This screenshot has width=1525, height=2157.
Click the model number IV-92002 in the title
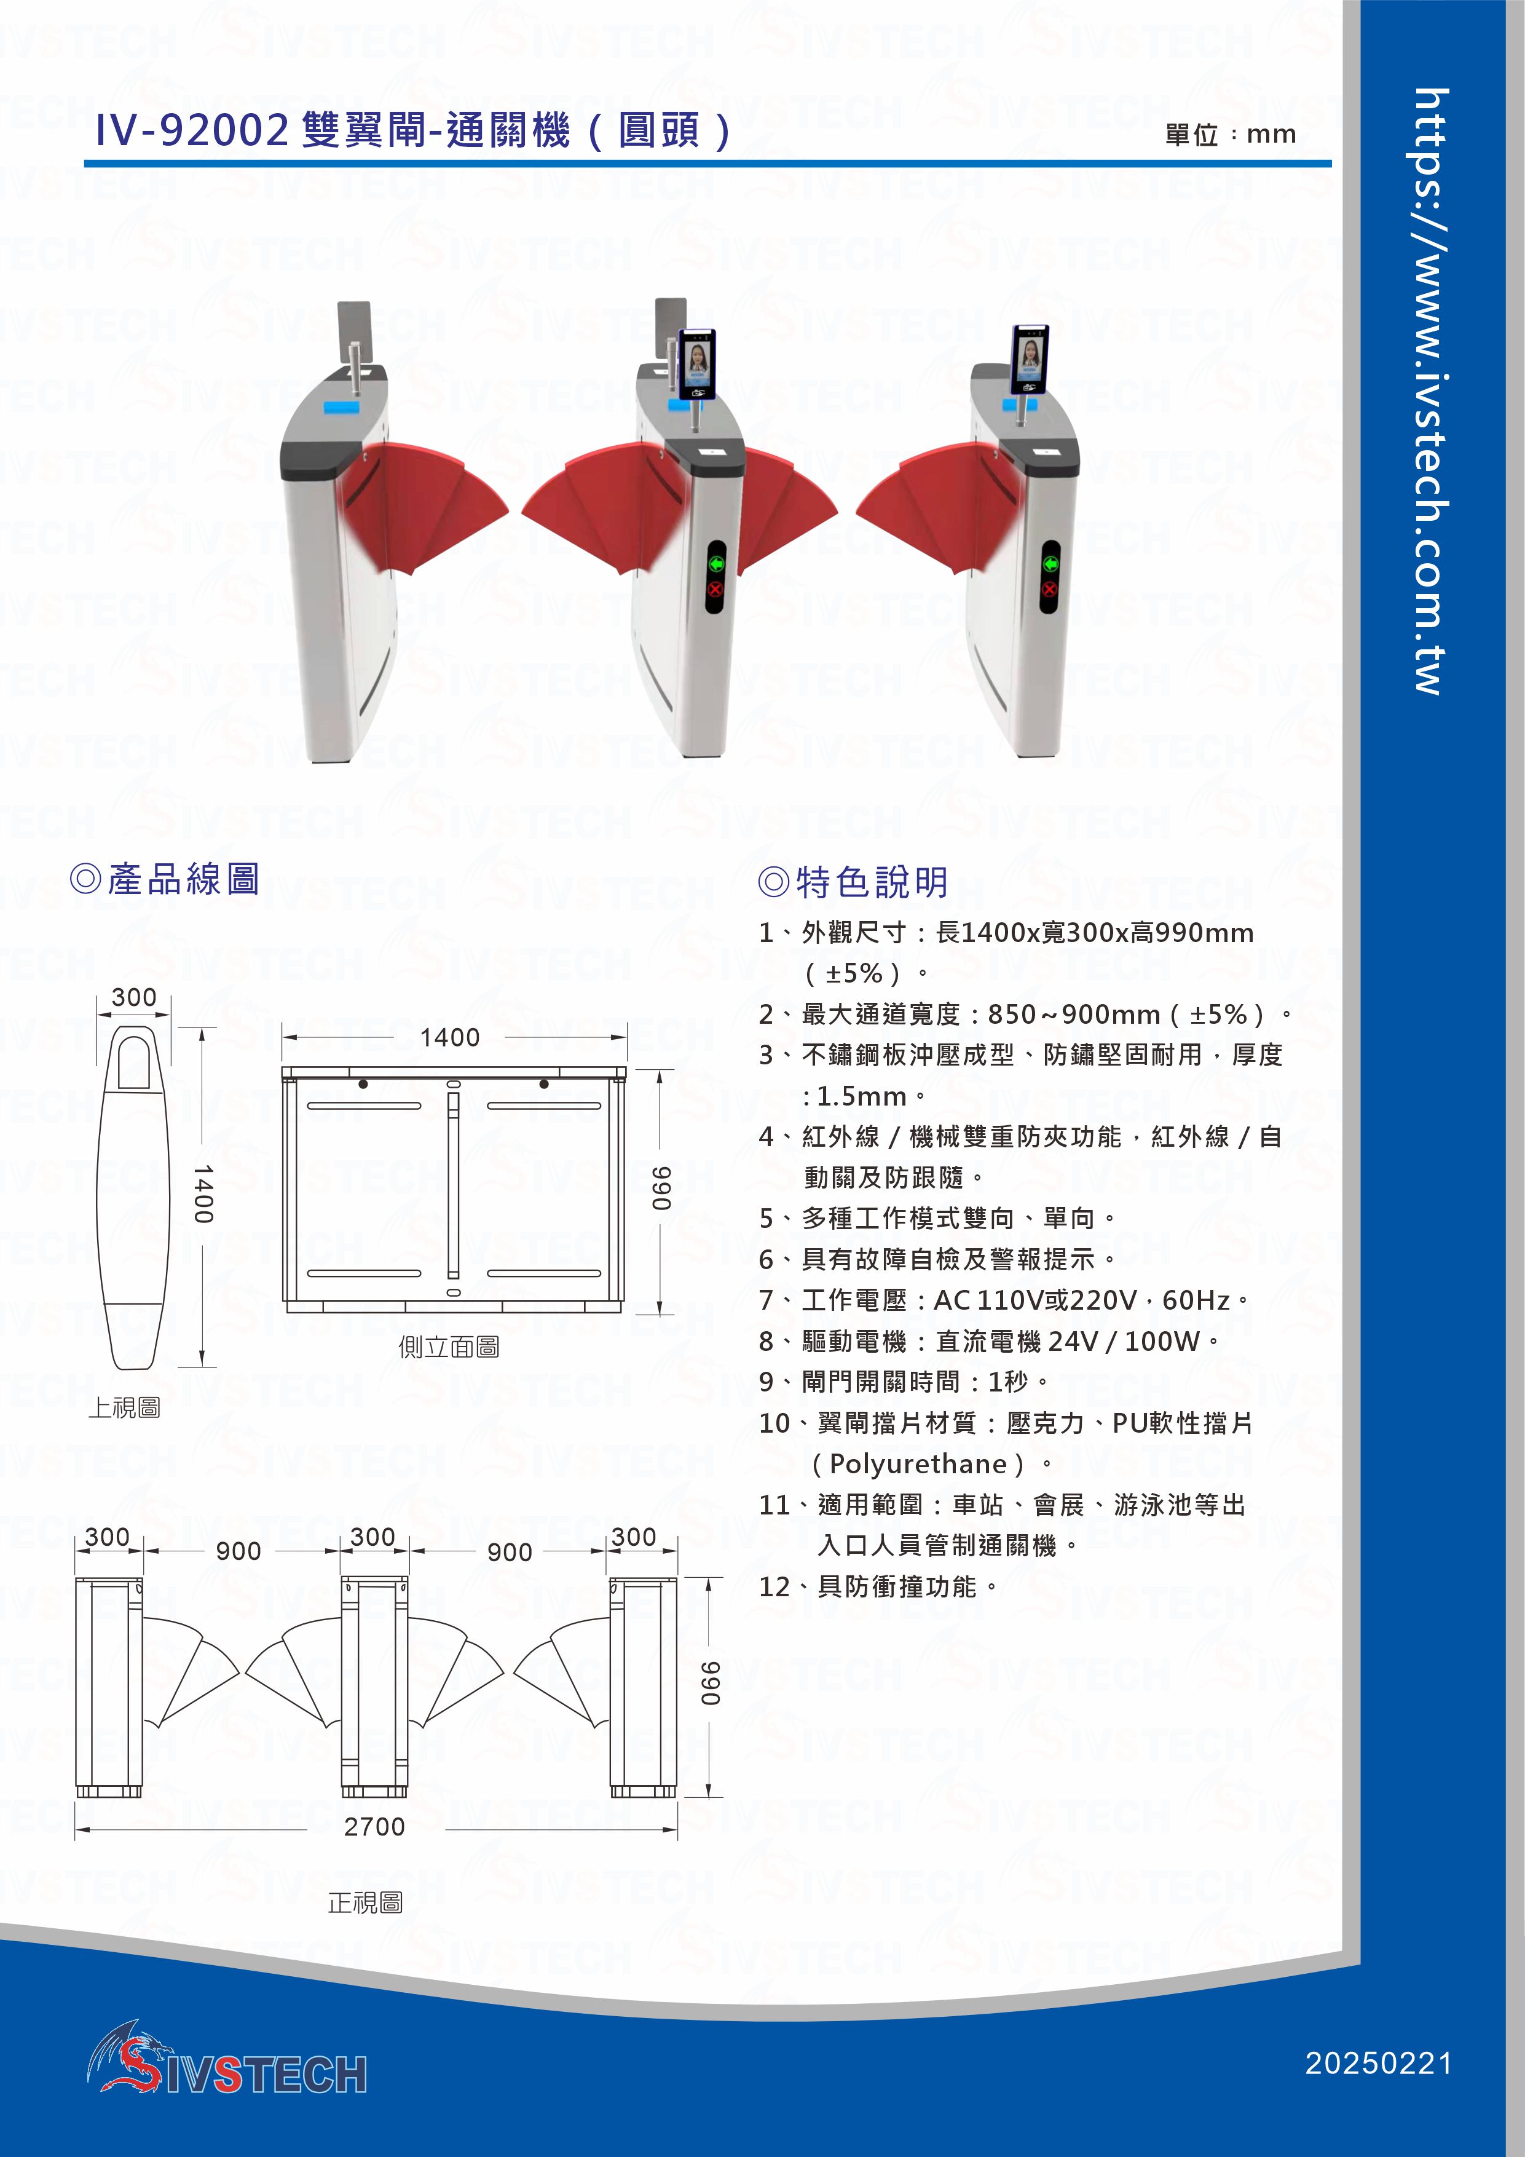192,130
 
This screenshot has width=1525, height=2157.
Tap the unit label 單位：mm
1230,134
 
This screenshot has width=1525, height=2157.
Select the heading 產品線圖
165,879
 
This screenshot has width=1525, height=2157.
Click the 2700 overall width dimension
375,1826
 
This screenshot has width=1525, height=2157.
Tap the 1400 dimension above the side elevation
450,1037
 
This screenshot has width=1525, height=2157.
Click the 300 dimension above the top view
134,997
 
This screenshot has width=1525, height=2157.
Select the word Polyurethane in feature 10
918,1463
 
